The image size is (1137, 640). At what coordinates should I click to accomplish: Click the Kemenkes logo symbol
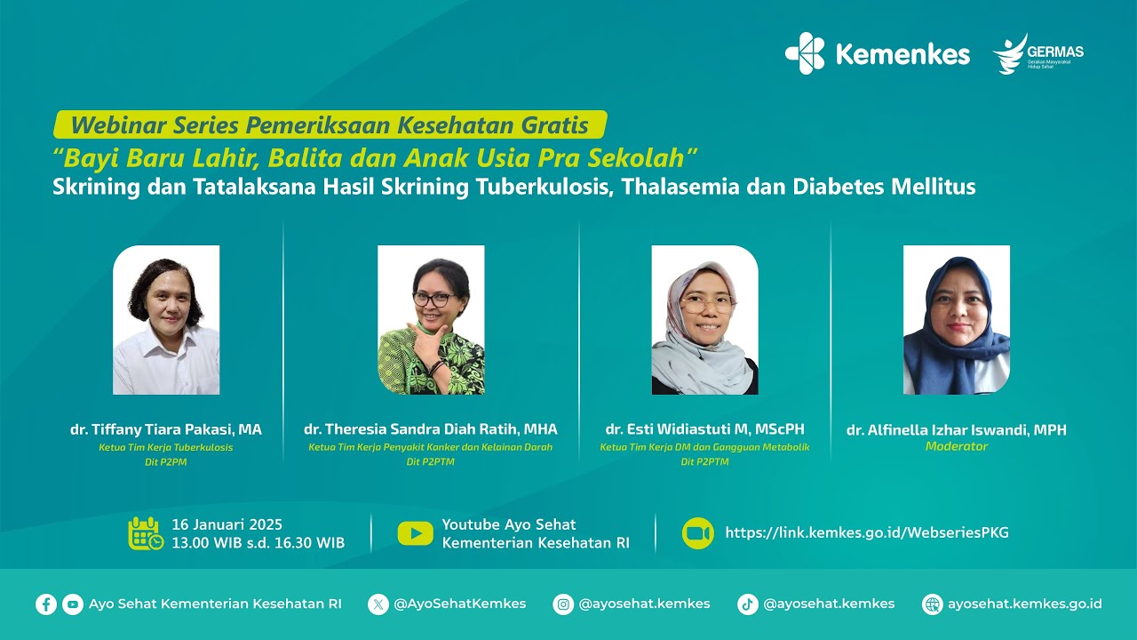[805, 53]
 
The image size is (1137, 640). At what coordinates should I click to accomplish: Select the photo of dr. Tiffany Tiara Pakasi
[166, 320]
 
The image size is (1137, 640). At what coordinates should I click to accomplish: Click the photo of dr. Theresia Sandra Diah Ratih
[431, 320]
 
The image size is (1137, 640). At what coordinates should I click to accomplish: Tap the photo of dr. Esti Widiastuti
[704, 320]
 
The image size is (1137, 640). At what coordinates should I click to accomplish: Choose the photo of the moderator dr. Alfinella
[957, 320]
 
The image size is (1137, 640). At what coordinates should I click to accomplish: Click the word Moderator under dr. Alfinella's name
[957, 446]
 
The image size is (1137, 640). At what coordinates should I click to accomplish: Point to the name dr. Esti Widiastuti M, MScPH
[704, 429]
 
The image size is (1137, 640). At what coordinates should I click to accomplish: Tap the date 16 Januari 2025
[227, 524]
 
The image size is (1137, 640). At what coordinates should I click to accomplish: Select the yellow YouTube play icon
[415, 533]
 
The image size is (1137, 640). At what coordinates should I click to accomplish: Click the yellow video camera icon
[698, 533]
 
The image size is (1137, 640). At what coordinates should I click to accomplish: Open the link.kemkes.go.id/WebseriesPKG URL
[867, 533]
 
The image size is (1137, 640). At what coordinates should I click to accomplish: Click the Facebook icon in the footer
[46, 604]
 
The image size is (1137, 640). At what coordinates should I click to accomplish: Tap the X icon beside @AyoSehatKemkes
[378, 604]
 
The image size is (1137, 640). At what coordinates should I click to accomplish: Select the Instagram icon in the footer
[563, 604]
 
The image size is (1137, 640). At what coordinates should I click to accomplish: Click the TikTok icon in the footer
[748, 604]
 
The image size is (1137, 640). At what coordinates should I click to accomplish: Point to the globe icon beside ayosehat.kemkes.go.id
[932, 604]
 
